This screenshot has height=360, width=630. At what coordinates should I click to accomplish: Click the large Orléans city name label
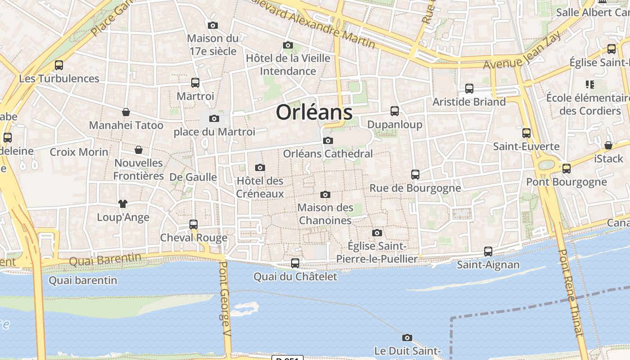[314, 112]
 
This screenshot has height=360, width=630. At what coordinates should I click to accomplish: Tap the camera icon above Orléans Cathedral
[328, 141]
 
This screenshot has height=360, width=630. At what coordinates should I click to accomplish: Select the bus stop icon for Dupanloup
[395, 111]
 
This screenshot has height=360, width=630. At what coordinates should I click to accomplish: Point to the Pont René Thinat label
[570, 292]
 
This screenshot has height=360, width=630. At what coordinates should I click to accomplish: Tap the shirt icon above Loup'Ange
[122, 204]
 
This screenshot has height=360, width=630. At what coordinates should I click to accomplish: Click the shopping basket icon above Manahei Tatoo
[126, 112]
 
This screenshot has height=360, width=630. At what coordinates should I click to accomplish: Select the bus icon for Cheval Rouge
[193, 224]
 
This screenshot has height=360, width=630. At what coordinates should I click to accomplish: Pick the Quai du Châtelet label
[295, 276]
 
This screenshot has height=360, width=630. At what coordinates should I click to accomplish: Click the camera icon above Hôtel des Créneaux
[260, 168]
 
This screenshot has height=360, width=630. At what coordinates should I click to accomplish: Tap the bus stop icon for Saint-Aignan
[488, 252]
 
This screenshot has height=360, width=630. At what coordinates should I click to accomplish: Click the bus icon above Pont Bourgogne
[567, 169]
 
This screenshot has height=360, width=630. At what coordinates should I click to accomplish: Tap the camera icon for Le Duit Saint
[407, 337]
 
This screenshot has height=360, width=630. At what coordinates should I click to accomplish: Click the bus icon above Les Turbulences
[59, 65]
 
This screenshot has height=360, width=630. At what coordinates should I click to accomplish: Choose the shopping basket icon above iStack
[608, 145]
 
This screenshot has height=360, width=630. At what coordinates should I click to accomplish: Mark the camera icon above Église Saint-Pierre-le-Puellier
[377, 233]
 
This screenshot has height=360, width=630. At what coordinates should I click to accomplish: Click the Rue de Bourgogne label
[415, 188]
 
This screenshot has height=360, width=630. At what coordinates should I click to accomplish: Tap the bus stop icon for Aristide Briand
[469, 89]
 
